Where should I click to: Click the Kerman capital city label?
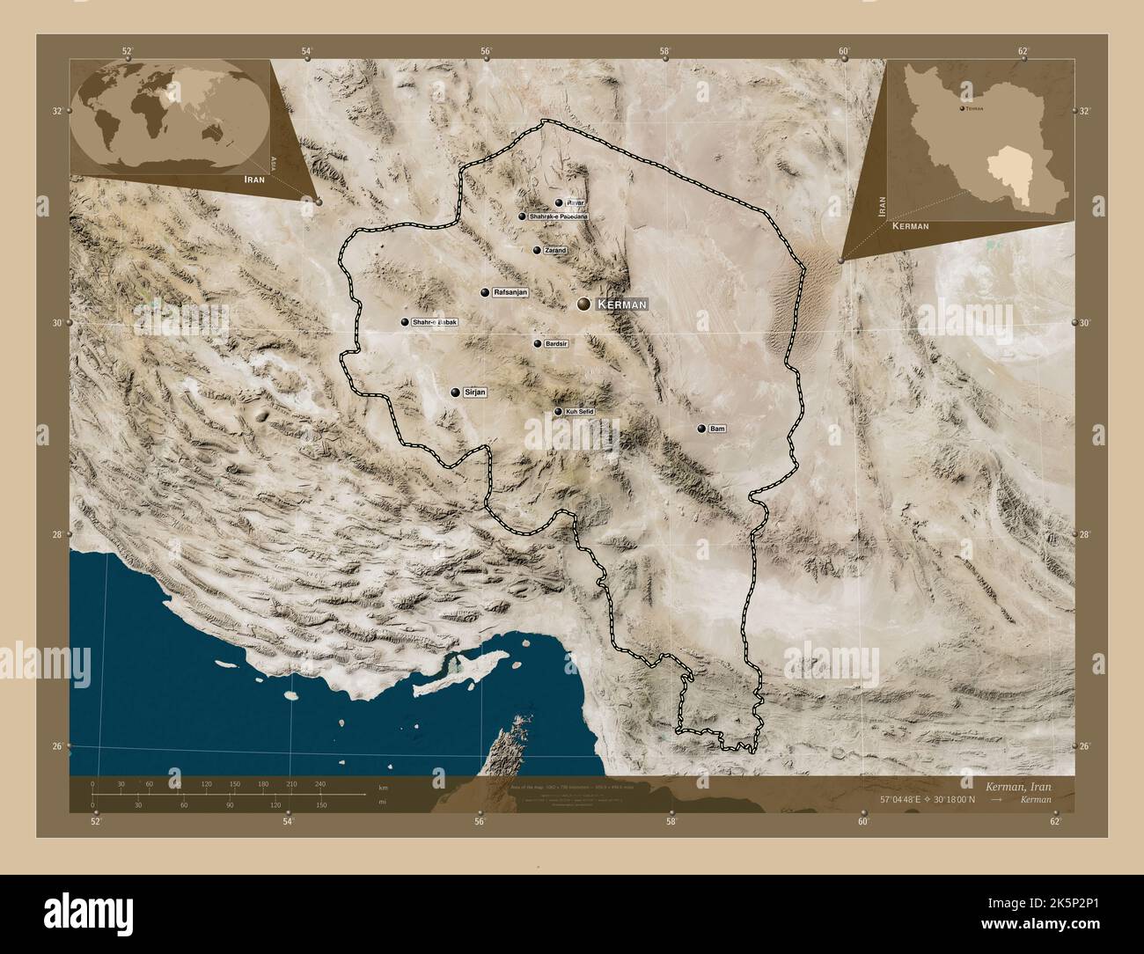coord(621,305)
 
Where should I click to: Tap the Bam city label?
coord(717,429)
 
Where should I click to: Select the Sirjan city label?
coord(474,393)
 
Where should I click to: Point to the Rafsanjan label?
coord(510,292)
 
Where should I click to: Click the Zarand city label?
coord(555,250)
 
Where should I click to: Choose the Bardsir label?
coord(557,344)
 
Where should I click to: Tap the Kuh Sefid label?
coord(580,412)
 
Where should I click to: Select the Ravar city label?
coord(575,202)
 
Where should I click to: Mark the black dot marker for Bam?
coord(701,429)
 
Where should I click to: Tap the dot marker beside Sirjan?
coord(455,393)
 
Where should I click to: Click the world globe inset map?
coord(167,110)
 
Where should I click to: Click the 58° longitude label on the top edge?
coord(666,51)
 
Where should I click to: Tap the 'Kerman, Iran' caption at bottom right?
coord(1017,785)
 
